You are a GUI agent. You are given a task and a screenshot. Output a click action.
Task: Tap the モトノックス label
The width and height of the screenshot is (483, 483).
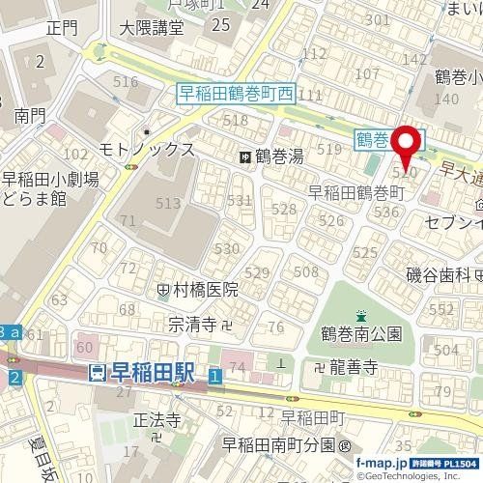[147, 150]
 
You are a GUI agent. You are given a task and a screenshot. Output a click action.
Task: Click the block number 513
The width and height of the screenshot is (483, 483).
[168, 203]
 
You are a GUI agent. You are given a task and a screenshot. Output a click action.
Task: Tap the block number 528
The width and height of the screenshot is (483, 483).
[284, 209]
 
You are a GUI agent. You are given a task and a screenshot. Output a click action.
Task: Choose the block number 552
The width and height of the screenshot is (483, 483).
[441, 308]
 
